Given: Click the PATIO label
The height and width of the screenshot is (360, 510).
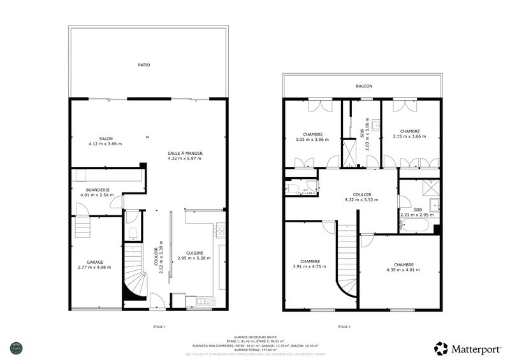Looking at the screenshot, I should click(x=144, y=64).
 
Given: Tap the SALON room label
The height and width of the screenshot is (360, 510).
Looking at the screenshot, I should click(x=105, y=138).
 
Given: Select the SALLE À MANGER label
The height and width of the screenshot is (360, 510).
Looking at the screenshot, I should click(x=184, y=154).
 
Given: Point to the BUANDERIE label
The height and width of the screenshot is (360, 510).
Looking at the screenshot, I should click(x=98, y=189).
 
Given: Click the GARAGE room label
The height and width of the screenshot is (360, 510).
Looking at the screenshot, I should click(x=95, y=262).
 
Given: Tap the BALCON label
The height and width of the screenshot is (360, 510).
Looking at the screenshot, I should click(x=364, y=86).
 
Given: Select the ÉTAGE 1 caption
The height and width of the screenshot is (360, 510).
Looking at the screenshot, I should click(x=159, y=327).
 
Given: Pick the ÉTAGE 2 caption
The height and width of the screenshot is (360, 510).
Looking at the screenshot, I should click(x=345, y=327).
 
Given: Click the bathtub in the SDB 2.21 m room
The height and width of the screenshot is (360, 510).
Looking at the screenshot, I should click(x=419, y=226).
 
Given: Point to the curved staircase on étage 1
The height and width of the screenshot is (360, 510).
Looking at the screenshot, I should click(x=135, y=274).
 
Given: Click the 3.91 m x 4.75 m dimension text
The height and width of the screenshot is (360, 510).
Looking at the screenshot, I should click(x=310, y=266).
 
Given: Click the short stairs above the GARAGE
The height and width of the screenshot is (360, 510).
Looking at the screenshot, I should click(x=82, y=226).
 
